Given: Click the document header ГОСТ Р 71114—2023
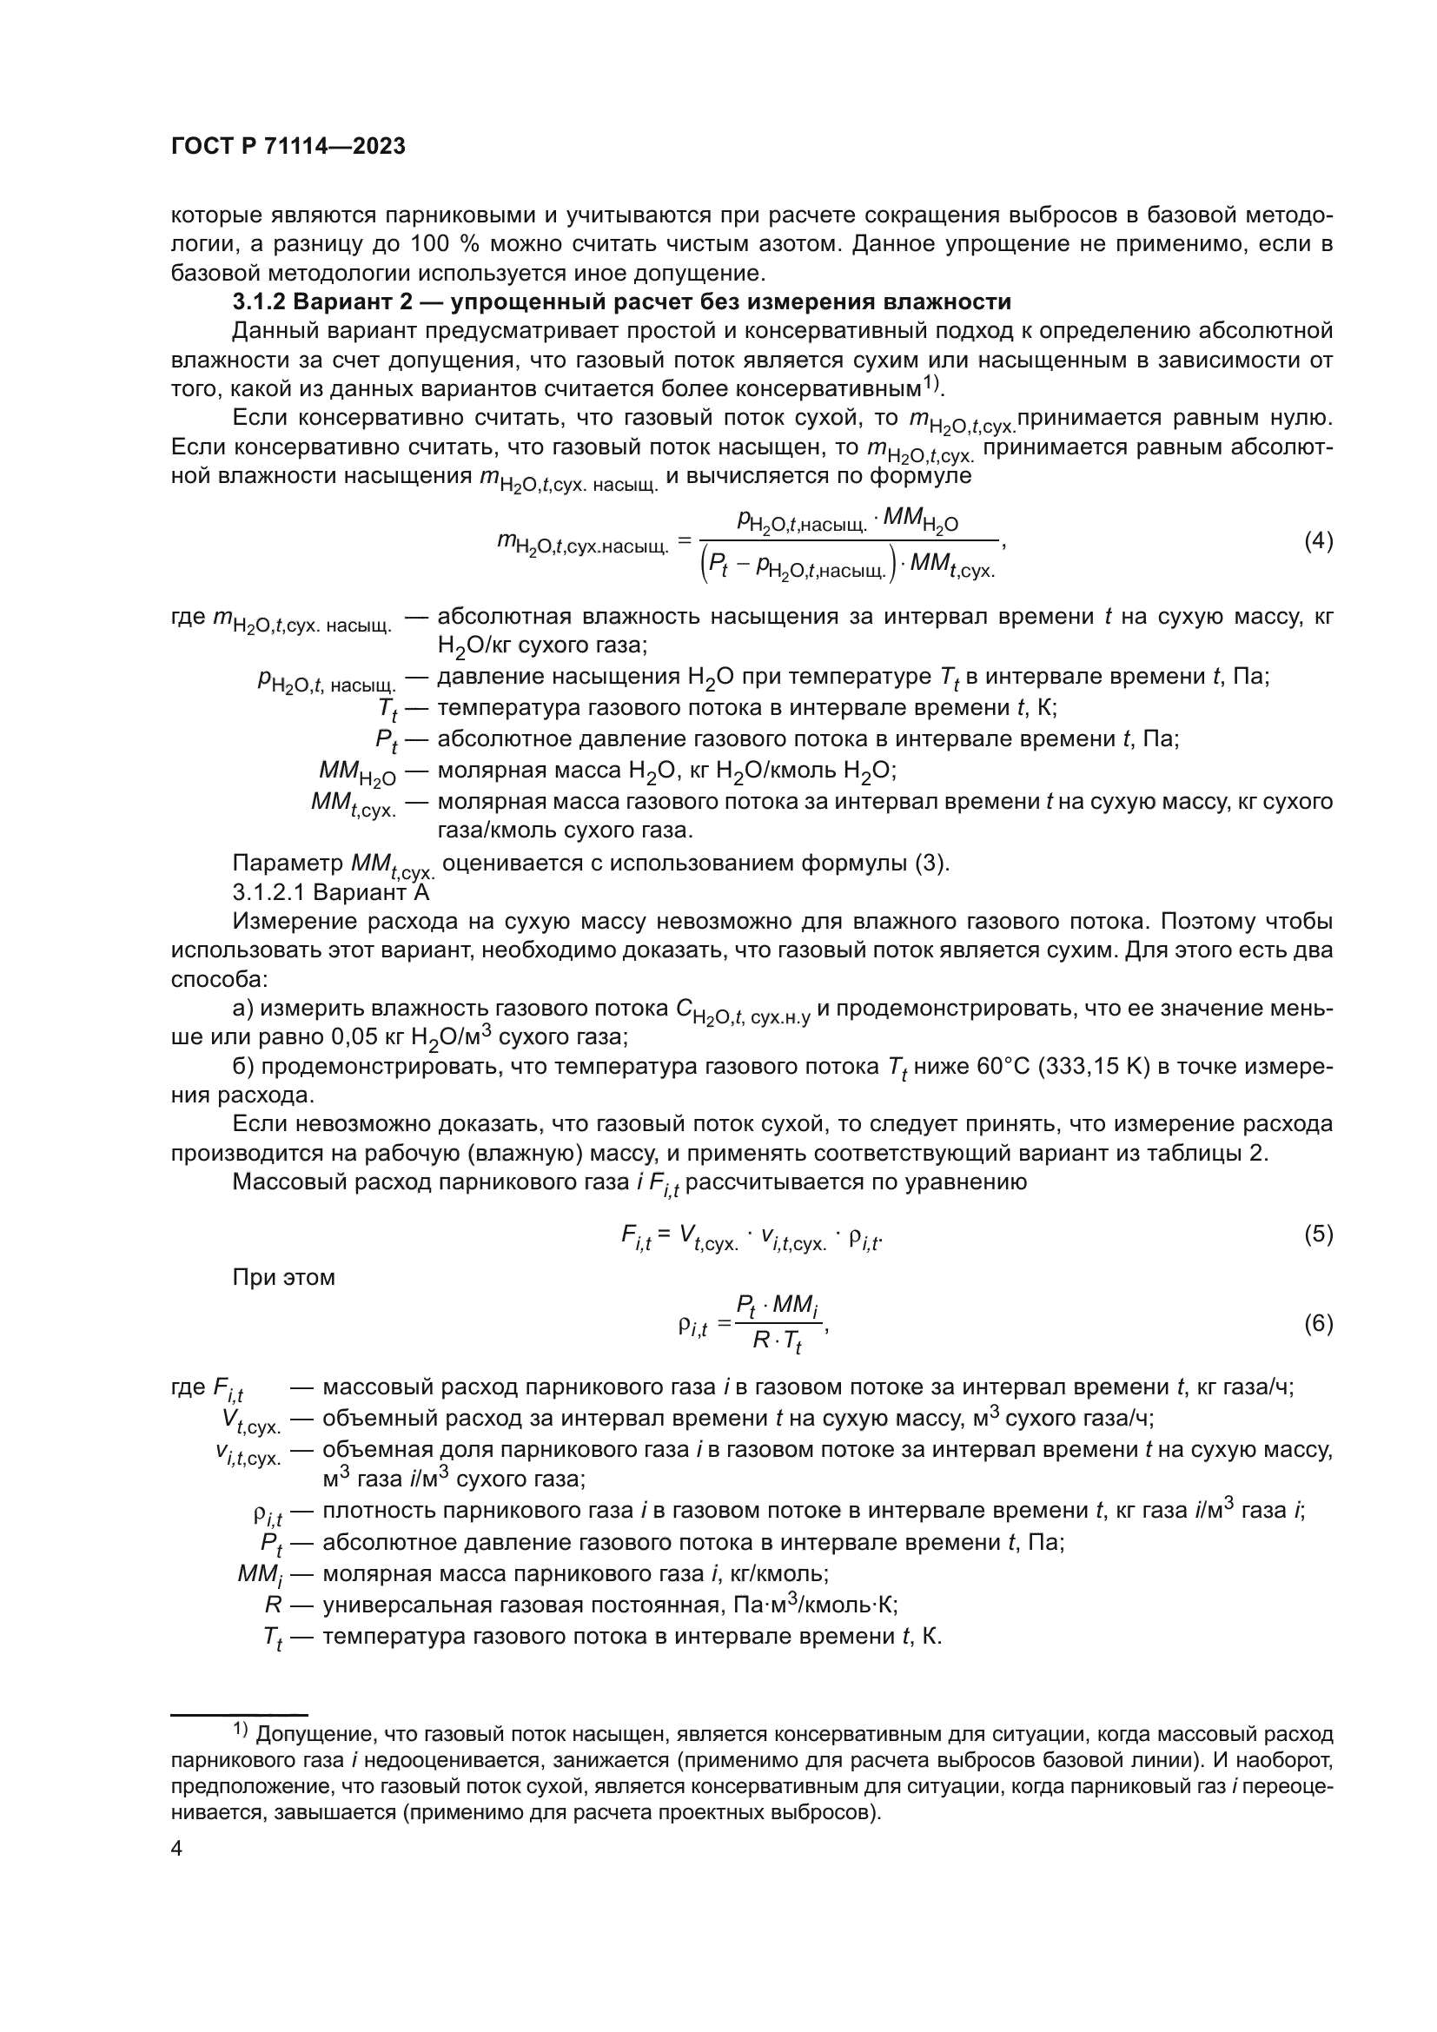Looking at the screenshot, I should [x=288, y=147].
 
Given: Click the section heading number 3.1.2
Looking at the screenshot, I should [x=258, y=301].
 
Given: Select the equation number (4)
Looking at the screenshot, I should [x=1319, y=540].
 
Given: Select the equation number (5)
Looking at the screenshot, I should [x=1319, y=1234].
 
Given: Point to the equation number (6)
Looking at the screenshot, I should [x=1319, y=1324].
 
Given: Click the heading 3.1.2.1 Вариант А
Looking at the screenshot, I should [x=330, y=892].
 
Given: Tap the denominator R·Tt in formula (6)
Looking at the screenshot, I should [x=777, y=1341].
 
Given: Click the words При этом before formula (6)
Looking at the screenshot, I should [x=283, y=1277].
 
